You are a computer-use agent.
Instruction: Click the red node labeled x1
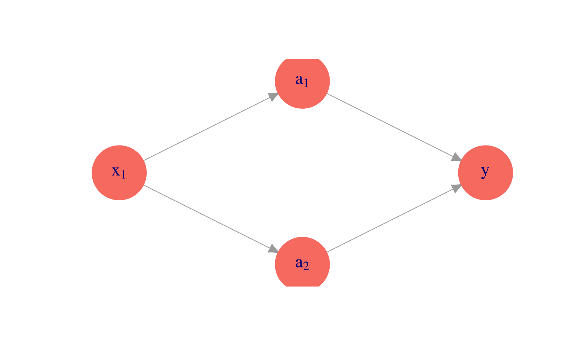click(x=119, y=172)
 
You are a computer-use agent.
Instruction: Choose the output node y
click(x=486, y=172)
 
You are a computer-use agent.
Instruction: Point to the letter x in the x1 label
click(x=116, y=171)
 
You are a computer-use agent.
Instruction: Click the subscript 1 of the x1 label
click(x=123, y=174)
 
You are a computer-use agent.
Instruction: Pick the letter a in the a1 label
click(x=299, y=79)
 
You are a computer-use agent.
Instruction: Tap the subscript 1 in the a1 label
click(x=306, y=83)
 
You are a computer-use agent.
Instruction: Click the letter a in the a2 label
click(x=299, y=262)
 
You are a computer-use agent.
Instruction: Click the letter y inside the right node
click(x=485, y=171)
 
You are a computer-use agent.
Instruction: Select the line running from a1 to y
click(x=394, y=127)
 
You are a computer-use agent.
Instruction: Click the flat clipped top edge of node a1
click(x=302, y=59)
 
